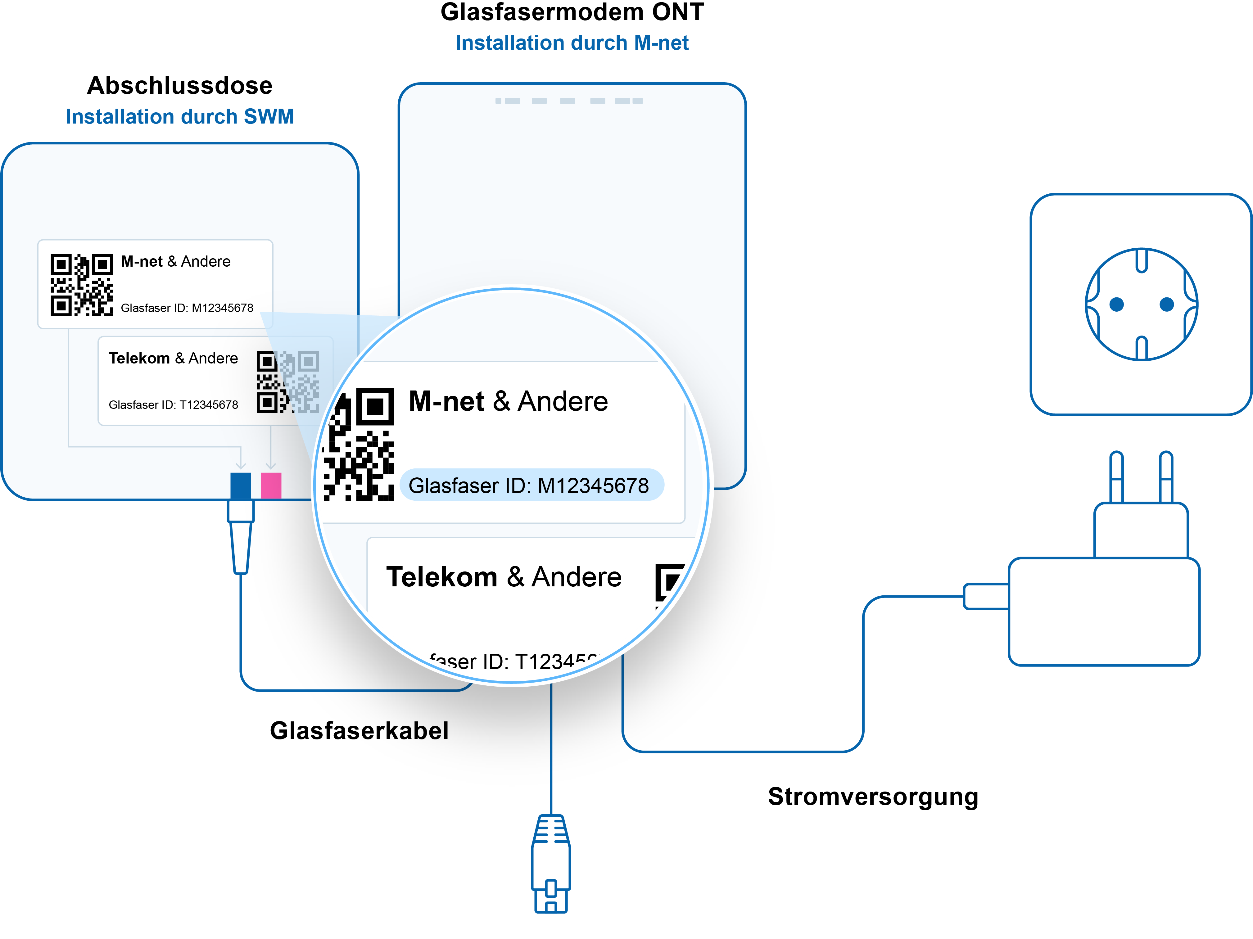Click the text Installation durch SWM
pyautogui.click(x=179, y=117)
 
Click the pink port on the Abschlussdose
pyautogui.click(x=271, y=486)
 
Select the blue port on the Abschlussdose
pyautogui.click(x=241, y=486)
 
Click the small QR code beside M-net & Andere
pyautogui.click(x=82, y=285)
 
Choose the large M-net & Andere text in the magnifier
pyautogui.click(x=508, y=402)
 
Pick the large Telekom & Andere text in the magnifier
pyautogui.click(x=504, y=577)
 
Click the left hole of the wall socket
pyautogui.click(x=1116, y=305)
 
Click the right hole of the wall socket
pyautogui.click(x=1167, y=305)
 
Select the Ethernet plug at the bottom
pyautogui.click(x=551, y=863)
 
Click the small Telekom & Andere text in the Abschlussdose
pyautogui.click(x=173, y=359)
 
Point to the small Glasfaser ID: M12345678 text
pyautogui.click(x=187, y=308)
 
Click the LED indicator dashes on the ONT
pyautogui.click(x=569, y=101)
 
